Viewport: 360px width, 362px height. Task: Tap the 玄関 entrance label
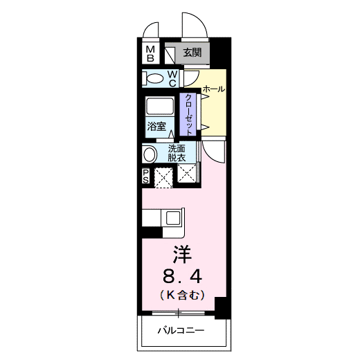click(x=192, y=53)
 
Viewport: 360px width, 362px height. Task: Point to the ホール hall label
click(x=213, y=90)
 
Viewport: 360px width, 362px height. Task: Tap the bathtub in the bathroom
click(x=161, y=107)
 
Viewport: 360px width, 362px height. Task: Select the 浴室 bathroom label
click(x=156, y=127)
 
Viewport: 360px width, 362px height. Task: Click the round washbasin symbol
click(x=150, y=154)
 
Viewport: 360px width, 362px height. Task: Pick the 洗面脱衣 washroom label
click(x=177, y=153)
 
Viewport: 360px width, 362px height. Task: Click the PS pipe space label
click(x=147, y=177)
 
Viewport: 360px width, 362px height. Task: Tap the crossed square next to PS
click(x=163, y=178)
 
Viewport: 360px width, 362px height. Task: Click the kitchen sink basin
click(x=172, y=218)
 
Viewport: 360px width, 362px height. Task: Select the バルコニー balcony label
click(x=180, y=332)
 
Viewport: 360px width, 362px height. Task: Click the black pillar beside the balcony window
click(x=221, y=307)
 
